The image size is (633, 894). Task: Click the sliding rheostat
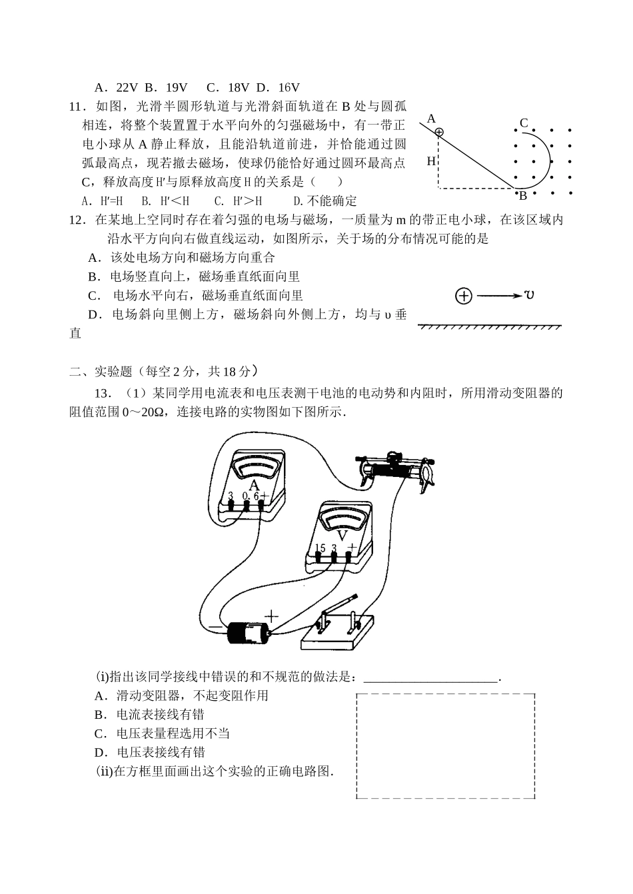(396, 469)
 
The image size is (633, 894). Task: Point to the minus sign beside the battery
(215, 627)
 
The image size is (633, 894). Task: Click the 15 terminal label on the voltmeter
(319, 548)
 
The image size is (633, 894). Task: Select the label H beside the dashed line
(431, 161)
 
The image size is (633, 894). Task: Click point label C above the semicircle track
(524, 123)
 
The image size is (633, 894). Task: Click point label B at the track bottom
(523, 196)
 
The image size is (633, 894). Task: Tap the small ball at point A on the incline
(438, 132)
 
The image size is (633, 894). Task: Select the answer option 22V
(116, 87)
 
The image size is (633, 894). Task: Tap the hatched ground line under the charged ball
(489, 326)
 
